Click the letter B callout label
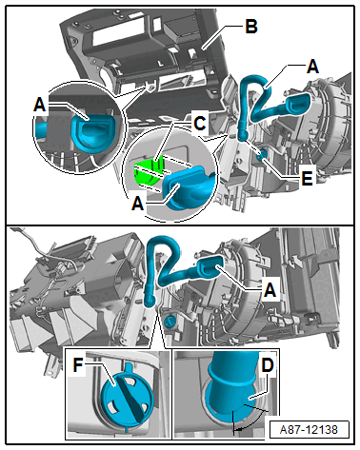coord(251,27)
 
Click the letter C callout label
coord(200,123)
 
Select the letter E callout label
coord(307,179)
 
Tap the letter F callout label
coord(78,364)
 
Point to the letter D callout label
coord(268,365)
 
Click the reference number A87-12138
coord(309,430)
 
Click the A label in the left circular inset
coord(40,104)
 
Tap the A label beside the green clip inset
coord(138,203)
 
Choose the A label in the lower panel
coord(270,289)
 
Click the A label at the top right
coord(312,67)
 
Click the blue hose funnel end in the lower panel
coord(210,268)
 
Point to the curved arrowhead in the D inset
coord(239,429)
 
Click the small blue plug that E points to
coord(263,155)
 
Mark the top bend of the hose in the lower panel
coord(163,244)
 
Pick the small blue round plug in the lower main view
coord(170,321)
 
